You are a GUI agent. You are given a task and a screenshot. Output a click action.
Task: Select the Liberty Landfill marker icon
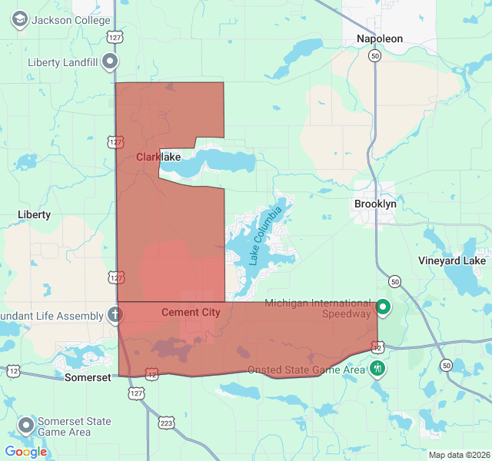point(111,61)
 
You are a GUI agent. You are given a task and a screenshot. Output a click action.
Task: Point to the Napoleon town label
point(380,38)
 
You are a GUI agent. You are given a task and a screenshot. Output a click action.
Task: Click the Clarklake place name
point(158,157)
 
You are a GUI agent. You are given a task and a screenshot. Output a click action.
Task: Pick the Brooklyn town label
point(375,204)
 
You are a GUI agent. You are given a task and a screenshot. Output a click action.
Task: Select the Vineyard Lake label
point(452,260)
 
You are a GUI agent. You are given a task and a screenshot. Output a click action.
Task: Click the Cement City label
point(191,312)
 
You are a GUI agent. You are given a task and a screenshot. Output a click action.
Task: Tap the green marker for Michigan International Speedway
point(383,308)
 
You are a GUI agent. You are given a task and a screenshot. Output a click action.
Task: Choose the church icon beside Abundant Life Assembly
point(115,315)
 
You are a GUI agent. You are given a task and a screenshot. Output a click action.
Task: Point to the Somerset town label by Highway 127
point(88,377)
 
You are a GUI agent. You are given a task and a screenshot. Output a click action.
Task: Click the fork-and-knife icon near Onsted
point(377,368)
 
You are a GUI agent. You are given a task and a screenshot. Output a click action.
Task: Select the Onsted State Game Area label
point(306,370)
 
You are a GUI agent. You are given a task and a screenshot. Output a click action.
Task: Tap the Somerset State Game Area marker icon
point(26,426)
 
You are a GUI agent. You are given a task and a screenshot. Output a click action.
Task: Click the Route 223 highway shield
point(167,422)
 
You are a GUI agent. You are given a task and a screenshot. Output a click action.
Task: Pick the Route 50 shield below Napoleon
point(374,56)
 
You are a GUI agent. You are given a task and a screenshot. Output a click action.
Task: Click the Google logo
point(26,452)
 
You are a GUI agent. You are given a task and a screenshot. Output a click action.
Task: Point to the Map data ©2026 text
point(458,455)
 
